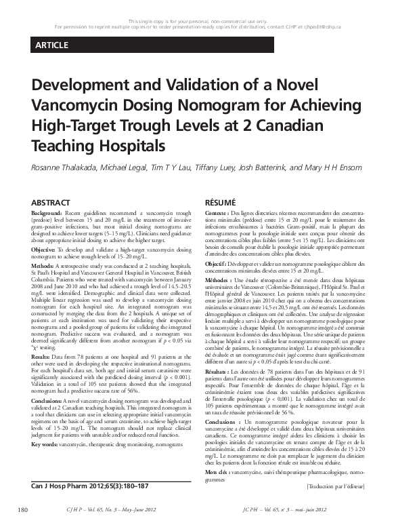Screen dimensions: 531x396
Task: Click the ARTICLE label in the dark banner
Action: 48,45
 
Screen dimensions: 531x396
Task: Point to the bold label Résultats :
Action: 221,372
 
